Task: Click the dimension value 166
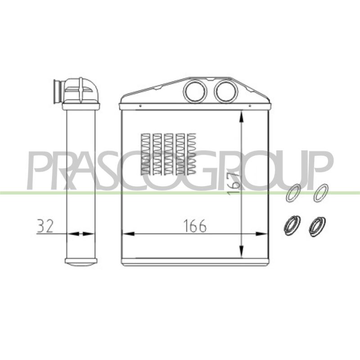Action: pyautogui.click(x=195, y=226)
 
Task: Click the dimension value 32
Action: pyautogui.click(x=45, y=226)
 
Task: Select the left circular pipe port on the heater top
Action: pyautogui.click(x=195, y=91)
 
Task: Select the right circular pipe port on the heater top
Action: pyautogui.click(x=226, y=91)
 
